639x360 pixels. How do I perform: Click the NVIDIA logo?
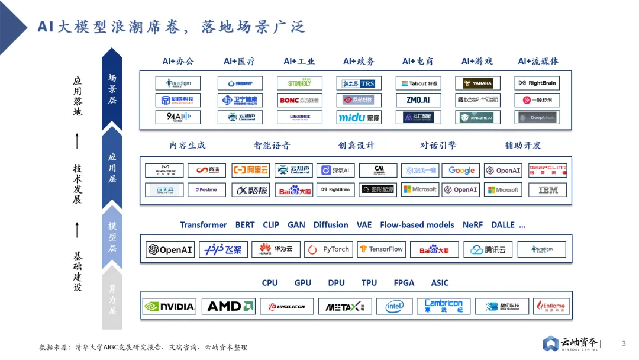click(170, 306)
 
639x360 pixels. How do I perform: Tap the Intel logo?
click(394, 306)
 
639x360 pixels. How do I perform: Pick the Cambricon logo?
click(443, 306)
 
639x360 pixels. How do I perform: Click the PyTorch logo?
click(328, 249)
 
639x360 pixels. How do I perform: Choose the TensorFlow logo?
click(380, 249)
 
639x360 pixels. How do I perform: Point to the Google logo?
click(461, 171)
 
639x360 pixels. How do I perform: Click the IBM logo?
click(547, 190)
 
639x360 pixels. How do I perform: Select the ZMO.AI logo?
click(418, 100)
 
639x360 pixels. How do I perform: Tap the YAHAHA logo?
click(477, 83)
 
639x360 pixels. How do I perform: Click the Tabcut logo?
click(418, 83)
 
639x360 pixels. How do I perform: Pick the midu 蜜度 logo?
click(359, 117)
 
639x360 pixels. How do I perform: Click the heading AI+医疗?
click(239, 61)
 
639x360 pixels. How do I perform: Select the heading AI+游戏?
click(477, 61)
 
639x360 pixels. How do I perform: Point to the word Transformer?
click(203, 225)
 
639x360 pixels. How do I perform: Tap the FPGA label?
click(404, 283)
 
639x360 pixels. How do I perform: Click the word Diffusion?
click(331, 225)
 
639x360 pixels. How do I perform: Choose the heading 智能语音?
click(272, 145)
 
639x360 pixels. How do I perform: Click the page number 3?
click(624, 344)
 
